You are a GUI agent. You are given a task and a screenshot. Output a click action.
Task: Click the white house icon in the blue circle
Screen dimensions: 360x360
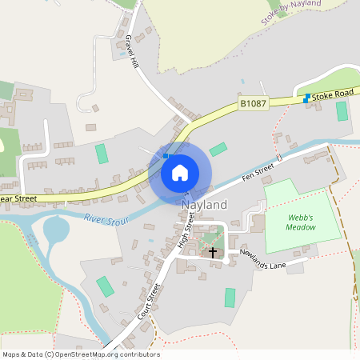pyautogui.click(x=180, y=172)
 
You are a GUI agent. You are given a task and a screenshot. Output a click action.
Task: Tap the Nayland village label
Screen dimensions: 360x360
pyautogui.click(x=204, y=205)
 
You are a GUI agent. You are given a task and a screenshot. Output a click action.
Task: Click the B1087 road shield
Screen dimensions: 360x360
pyautogui.click(x=251, y=104)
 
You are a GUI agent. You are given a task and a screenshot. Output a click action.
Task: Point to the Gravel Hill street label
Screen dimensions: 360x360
pyautogui.click(x=131, y=53)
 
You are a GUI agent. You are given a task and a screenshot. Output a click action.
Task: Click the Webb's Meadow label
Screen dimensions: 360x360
pyautogui.click(x=301, y=222)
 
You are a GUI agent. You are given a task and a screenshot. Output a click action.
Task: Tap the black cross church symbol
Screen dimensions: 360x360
pyautogui.click(x=213, y=253)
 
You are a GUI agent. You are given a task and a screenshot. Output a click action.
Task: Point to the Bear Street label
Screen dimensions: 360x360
pyautogui.click(x=18, y=198)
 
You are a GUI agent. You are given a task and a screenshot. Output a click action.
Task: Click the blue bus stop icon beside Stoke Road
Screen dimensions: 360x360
pyautogui.click(x=307, y=98)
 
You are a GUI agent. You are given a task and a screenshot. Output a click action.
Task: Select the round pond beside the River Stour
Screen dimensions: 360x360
pyautogui.click(x=56, y=231)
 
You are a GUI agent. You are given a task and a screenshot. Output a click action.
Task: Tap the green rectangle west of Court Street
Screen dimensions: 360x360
pyautogui.click(x=105, y=286)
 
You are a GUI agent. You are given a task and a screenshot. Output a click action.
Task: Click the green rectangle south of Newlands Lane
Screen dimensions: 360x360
pyautogui.click(x=230, y=298)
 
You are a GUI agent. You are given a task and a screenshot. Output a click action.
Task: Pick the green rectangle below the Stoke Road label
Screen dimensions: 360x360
pyautogui.click(x=342, y=111)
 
